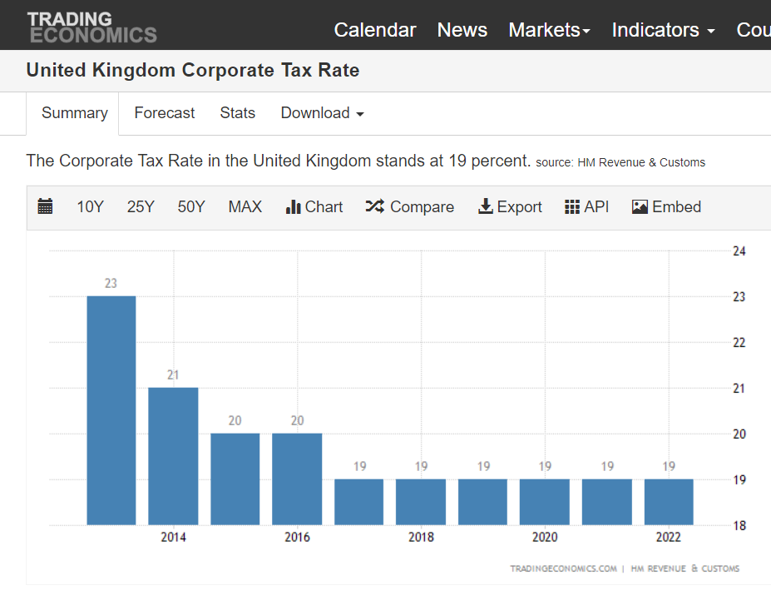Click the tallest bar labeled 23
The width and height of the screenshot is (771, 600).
point(111,410)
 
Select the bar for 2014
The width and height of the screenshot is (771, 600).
point(173,456)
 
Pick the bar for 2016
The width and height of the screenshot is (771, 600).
point(297,479)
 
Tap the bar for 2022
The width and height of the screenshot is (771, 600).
point(669,502)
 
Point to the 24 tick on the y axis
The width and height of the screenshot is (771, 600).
point(739,251)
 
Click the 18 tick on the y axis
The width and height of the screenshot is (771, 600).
point(739,526)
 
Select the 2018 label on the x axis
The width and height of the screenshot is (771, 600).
point(421,537)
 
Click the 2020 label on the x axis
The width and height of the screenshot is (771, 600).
point(545,537)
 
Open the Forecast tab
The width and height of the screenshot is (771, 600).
point(164,113)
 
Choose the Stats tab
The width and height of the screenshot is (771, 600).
point(238,113)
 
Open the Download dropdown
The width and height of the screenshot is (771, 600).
point(322,113)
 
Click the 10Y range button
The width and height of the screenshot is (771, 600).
point(90,207)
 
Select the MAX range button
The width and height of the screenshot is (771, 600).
point(245,207)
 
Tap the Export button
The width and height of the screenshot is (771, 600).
point(510,207)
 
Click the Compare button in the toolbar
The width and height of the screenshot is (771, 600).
point(409,207)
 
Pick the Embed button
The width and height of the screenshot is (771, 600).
point(666,207)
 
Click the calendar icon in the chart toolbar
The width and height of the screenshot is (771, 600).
point(45,206)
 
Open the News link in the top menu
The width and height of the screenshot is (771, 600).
point(462,30)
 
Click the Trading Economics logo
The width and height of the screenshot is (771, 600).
point(92,27)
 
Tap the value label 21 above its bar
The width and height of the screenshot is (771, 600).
point(173,375)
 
